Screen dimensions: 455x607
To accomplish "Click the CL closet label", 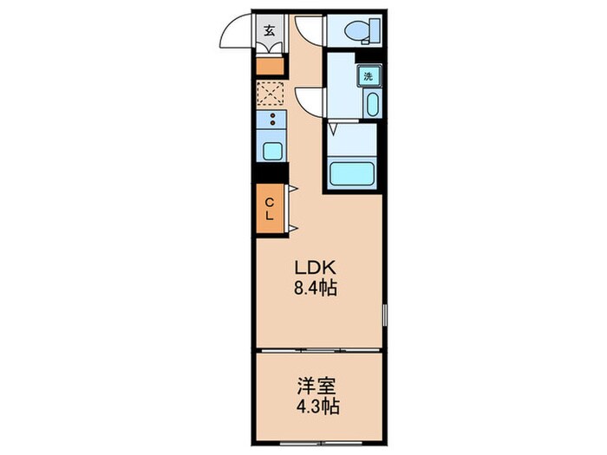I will (270, 209).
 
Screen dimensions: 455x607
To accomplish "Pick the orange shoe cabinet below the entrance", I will (270, 65).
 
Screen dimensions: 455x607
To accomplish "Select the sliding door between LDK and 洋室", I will (319, 350).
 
